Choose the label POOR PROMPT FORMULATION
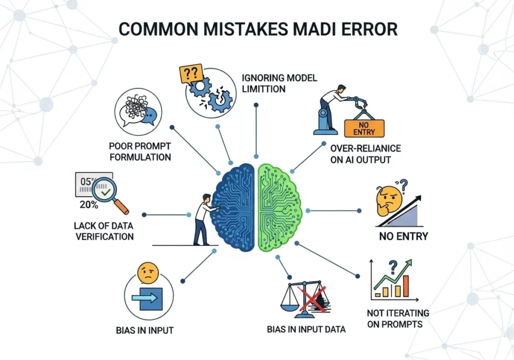(140, 151)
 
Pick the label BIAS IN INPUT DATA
(306, 330)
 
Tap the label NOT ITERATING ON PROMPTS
(398, 318)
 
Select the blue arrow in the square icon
(146, 298)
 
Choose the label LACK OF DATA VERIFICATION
(105, 231)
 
